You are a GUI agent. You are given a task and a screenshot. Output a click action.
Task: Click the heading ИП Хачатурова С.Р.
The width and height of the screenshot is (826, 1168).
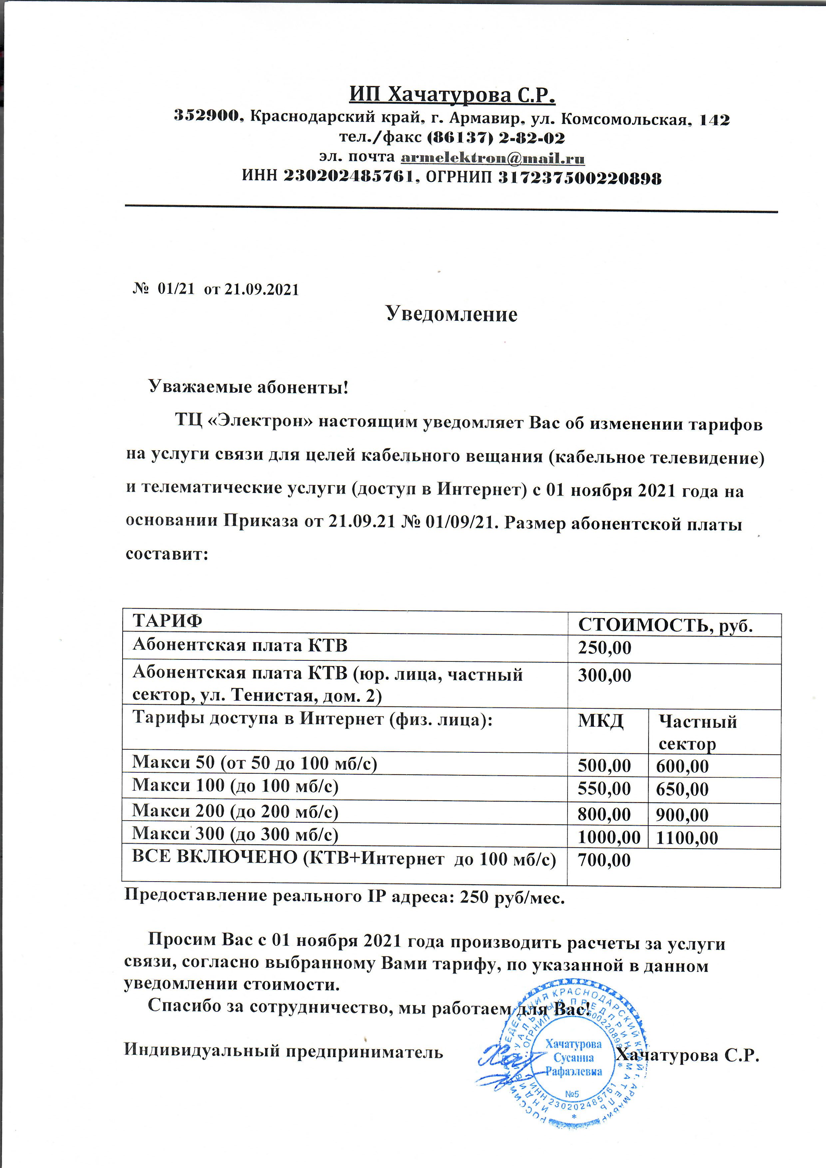(452, 95)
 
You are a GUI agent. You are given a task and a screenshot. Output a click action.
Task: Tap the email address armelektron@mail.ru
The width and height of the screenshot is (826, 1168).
(492, 158)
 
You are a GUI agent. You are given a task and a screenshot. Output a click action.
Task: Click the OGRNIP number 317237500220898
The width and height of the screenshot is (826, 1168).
(579, 178)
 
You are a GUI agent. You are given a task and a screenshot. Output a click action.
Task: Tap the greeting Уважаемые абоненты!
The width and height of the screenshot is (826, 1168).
(248, 387)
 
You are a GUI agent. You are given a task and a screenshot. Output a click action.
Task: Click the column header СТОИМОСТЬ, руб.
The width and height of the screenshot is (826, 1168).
(665, 625)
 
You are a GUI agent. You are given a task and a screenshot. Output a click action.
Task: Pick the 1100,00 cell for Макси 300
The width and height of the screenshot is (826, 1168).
(687, 838)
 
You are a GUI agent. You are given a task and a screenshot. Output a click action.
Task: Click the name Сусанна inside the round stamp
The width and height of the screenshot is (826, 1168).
(574, 1058)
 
